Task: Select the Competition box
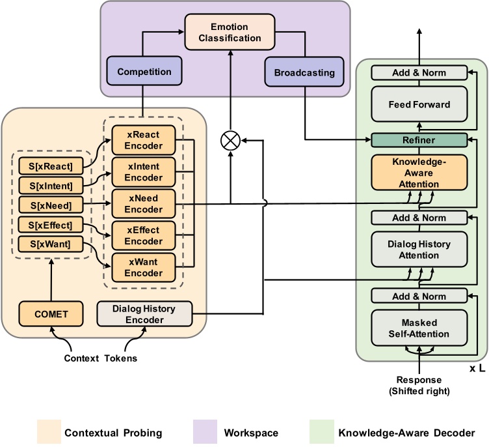(139, 72)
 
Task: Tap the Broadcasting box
(304, 72)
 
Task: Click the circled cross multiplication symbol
(231, 139)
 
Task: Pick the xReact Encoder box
(144, 140)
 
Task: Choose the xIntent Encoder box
(144, 172)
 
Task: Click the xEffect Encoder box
(144, 236)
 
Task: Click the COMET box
(51, 314)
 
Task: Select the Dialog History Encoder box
(144, 314)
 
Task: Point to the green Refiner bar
(419, 140)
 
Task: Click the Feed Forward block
(419, 104)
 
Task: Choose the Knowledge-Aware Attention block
(419, 171)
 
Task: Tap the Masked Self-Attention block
(419, 328)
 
